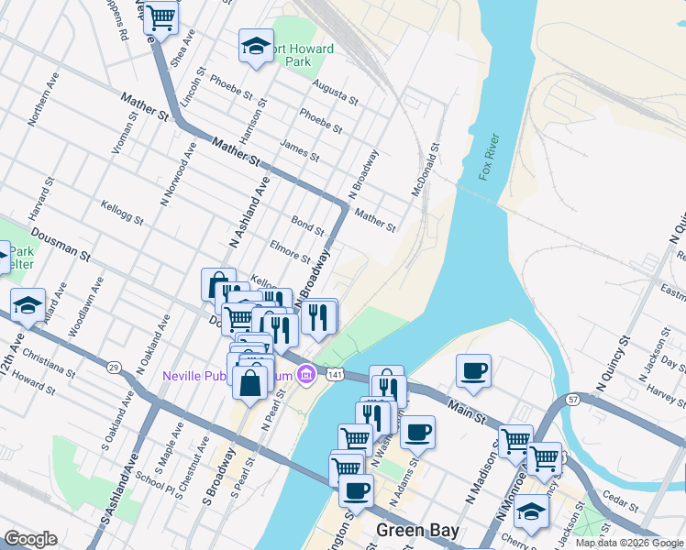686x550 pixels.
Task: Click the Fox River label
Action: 488,157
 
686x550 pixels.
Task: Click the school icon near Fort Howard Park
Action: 256,45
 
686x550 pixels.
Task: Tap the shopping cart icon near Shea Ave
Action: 161,16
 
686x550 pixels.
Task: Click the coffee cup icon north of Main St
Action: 473,370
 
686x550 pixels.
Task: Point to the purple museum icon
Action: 306,374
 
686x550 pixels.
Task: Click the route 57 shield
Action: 571,400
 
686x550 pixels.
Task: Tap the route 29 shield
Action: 114,368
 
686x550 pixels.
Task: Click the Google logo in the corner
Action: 30,539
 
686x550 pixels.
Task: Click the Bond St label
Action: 307,225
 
